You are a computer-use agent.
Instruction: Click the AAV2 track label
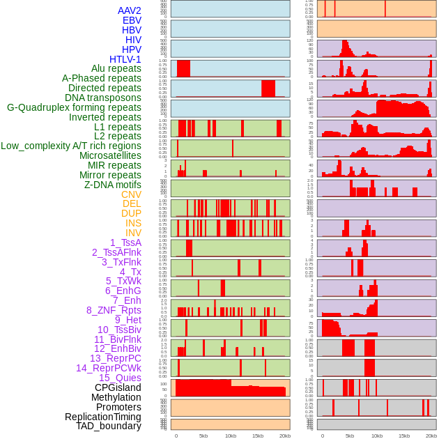129,10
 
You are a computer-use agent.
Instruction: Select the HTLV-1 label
125,59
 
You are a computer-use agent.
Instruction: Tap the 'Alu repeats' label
116,68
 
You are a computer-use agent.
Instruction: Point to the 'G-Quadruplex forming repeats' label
74,107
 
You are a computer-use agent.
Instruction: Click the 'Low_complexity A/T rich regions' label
71,146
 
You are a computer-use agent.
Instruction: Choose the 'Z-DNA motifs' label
112,185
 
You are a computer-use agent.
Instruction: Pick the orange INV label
133,233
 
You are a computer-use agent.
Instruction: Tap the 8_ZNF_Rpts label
114,310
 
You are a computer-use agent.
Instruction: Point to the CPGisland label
118,387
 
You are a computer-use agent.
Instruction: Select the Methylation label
116,397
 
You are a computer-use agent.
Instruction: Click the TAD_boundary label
108,426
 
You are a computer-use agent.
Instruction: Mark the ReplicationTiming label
102,417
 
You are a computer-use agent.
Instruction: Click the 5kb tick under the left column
203,436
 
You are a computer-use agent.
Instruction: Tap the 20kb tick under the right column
431,436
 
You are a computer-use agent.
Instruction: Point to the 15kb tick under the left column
258,436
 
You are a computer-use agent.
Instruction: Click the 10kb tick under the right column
376,436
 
